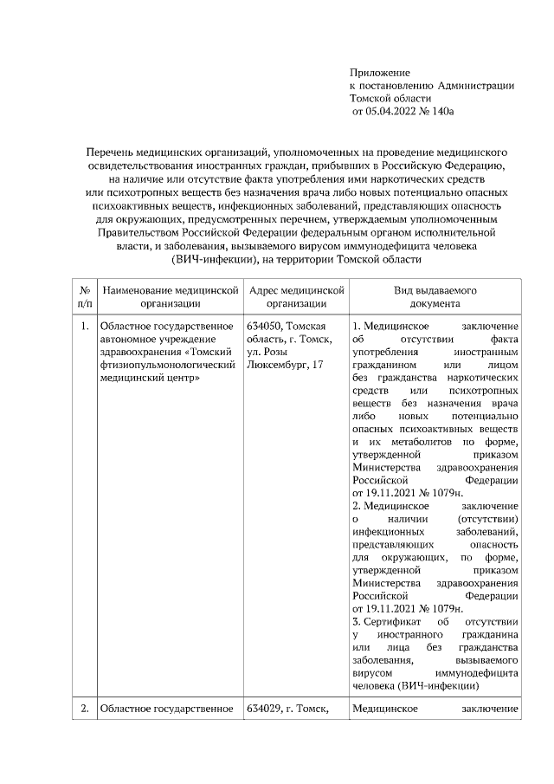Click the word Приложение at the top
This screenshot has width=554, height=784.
click(379, 72)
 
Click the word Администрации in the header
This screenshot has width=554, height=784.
click(476, 85)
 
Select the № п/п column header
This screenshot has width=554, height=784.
click(84, 297)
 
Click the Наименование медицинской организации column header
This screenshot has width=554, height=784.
click(170, 297)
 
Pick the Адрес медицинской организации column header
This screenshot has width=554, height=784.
click(296, 297)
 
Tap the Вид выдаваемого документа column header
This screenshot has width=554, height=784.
click(435, 297)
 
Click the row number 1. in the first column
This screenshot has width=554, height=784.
click(84, 326)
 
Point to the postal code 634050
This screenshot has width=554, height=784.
click(265, 326)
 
